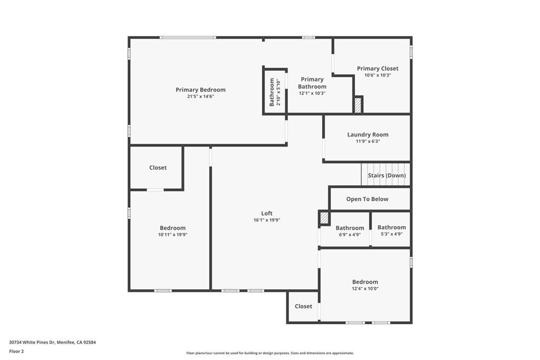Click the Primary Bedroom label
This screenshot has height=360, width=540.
[200, 90]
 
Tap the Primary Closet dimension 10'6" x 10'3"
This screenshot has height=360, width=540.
[378, 75]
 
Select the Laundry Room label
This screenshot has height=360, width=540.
[368, 134]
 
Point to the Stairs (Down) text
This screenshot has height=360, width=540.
[387, 175]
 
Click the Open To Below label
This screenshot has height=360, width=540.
[367, 199]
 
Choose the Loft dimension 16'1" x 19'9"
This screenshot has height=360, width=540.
[267, 220]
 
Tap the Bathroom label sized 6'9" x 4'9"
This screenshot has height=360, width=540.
[350, 228]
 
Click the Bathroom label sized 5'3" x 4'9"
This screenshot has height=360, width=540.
[392, 227]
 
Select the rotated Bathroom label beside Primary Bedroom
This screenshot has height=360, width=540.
[272, 92]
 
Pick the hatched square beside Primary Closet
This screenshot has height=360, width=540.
[358, 105]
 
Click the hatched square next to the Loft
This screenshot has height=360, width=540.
[324, 218]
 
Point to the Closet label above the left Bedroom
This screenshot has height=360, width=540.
[158, 168]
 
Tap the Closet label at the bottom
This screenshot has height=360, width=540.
[303, 306]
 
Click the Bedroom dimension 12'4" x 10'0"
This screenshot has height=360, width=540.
[365, 289]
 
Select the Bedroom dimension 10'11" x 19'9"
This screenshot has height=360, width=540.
[172, 235]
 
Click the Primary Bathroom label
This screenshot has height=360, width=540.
[312, 83]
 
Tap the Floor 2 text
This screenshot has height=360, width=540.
[16, 352]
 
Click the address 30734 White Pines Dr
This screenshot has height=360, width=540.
[32, 343]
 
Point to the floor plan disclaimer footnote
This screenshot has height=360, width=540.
[270, 353]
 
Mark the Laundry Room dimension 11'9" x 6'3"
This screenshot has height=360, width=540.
[368, 141]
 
